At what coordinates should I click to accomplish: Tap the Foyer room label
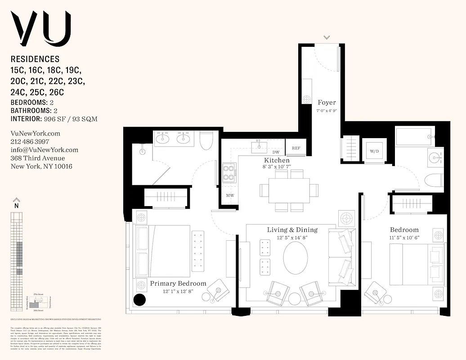pos(327,103)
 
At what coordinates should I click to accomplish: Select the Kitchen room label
pos(277,160)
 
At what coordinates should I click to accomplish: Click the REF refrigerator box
pos(296,148)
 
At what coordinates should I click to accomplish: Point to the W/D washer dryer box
pos(374,151)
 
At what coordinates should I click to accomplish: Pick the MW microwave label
pos(230,196)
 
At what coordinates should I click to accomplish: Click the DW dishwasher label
pos(276,153)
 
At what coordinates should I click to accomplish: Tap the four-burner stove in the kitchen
pos(229,172)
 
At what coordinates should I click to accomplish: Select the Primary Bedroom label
pos(178,283)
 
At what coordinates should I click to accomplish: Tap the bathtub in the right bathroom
pos(414,137)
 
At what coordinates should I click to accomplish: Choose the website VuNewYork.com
pos(35,134)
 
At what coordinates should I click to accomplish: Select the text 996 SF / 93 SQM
pos(70,119)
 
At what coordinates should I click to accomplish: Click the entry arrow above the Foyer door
pos(327,37)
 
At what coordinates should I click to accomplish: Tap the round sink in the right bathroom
pos(435,157)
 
